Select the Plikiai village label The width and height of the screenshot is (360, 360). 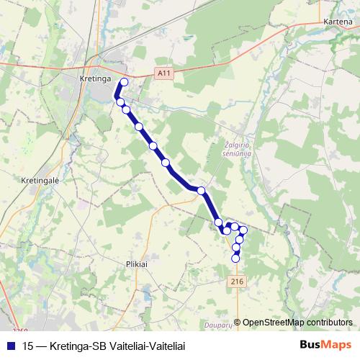pyautogui.click(x=136, y=264)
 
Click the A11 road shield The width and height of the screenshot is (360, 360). pyautogui.click(x=163, y=73)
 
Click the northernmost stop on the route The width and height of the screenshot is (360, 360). pyautogui.click(x=124, y=82)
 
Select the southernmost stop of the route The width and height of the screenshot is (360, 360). pyautogui.click(x=235, y=258)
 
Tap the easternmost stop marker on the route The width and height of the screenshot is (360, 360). pyautogui.click(x=243, y=230)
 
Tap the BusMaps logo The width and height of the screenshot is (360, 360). pyautogui.click(x=325, y=345)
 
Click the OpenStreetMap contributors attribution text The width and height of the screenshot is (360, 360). pyautogui.click(x=298, y=322)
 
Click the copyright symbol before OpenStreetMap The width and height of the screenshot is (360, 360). pyautogui.click(x=238, y=322)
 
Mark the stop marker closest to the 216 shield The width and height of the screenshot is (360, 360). pyautogui.click(x=235, y=258)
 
